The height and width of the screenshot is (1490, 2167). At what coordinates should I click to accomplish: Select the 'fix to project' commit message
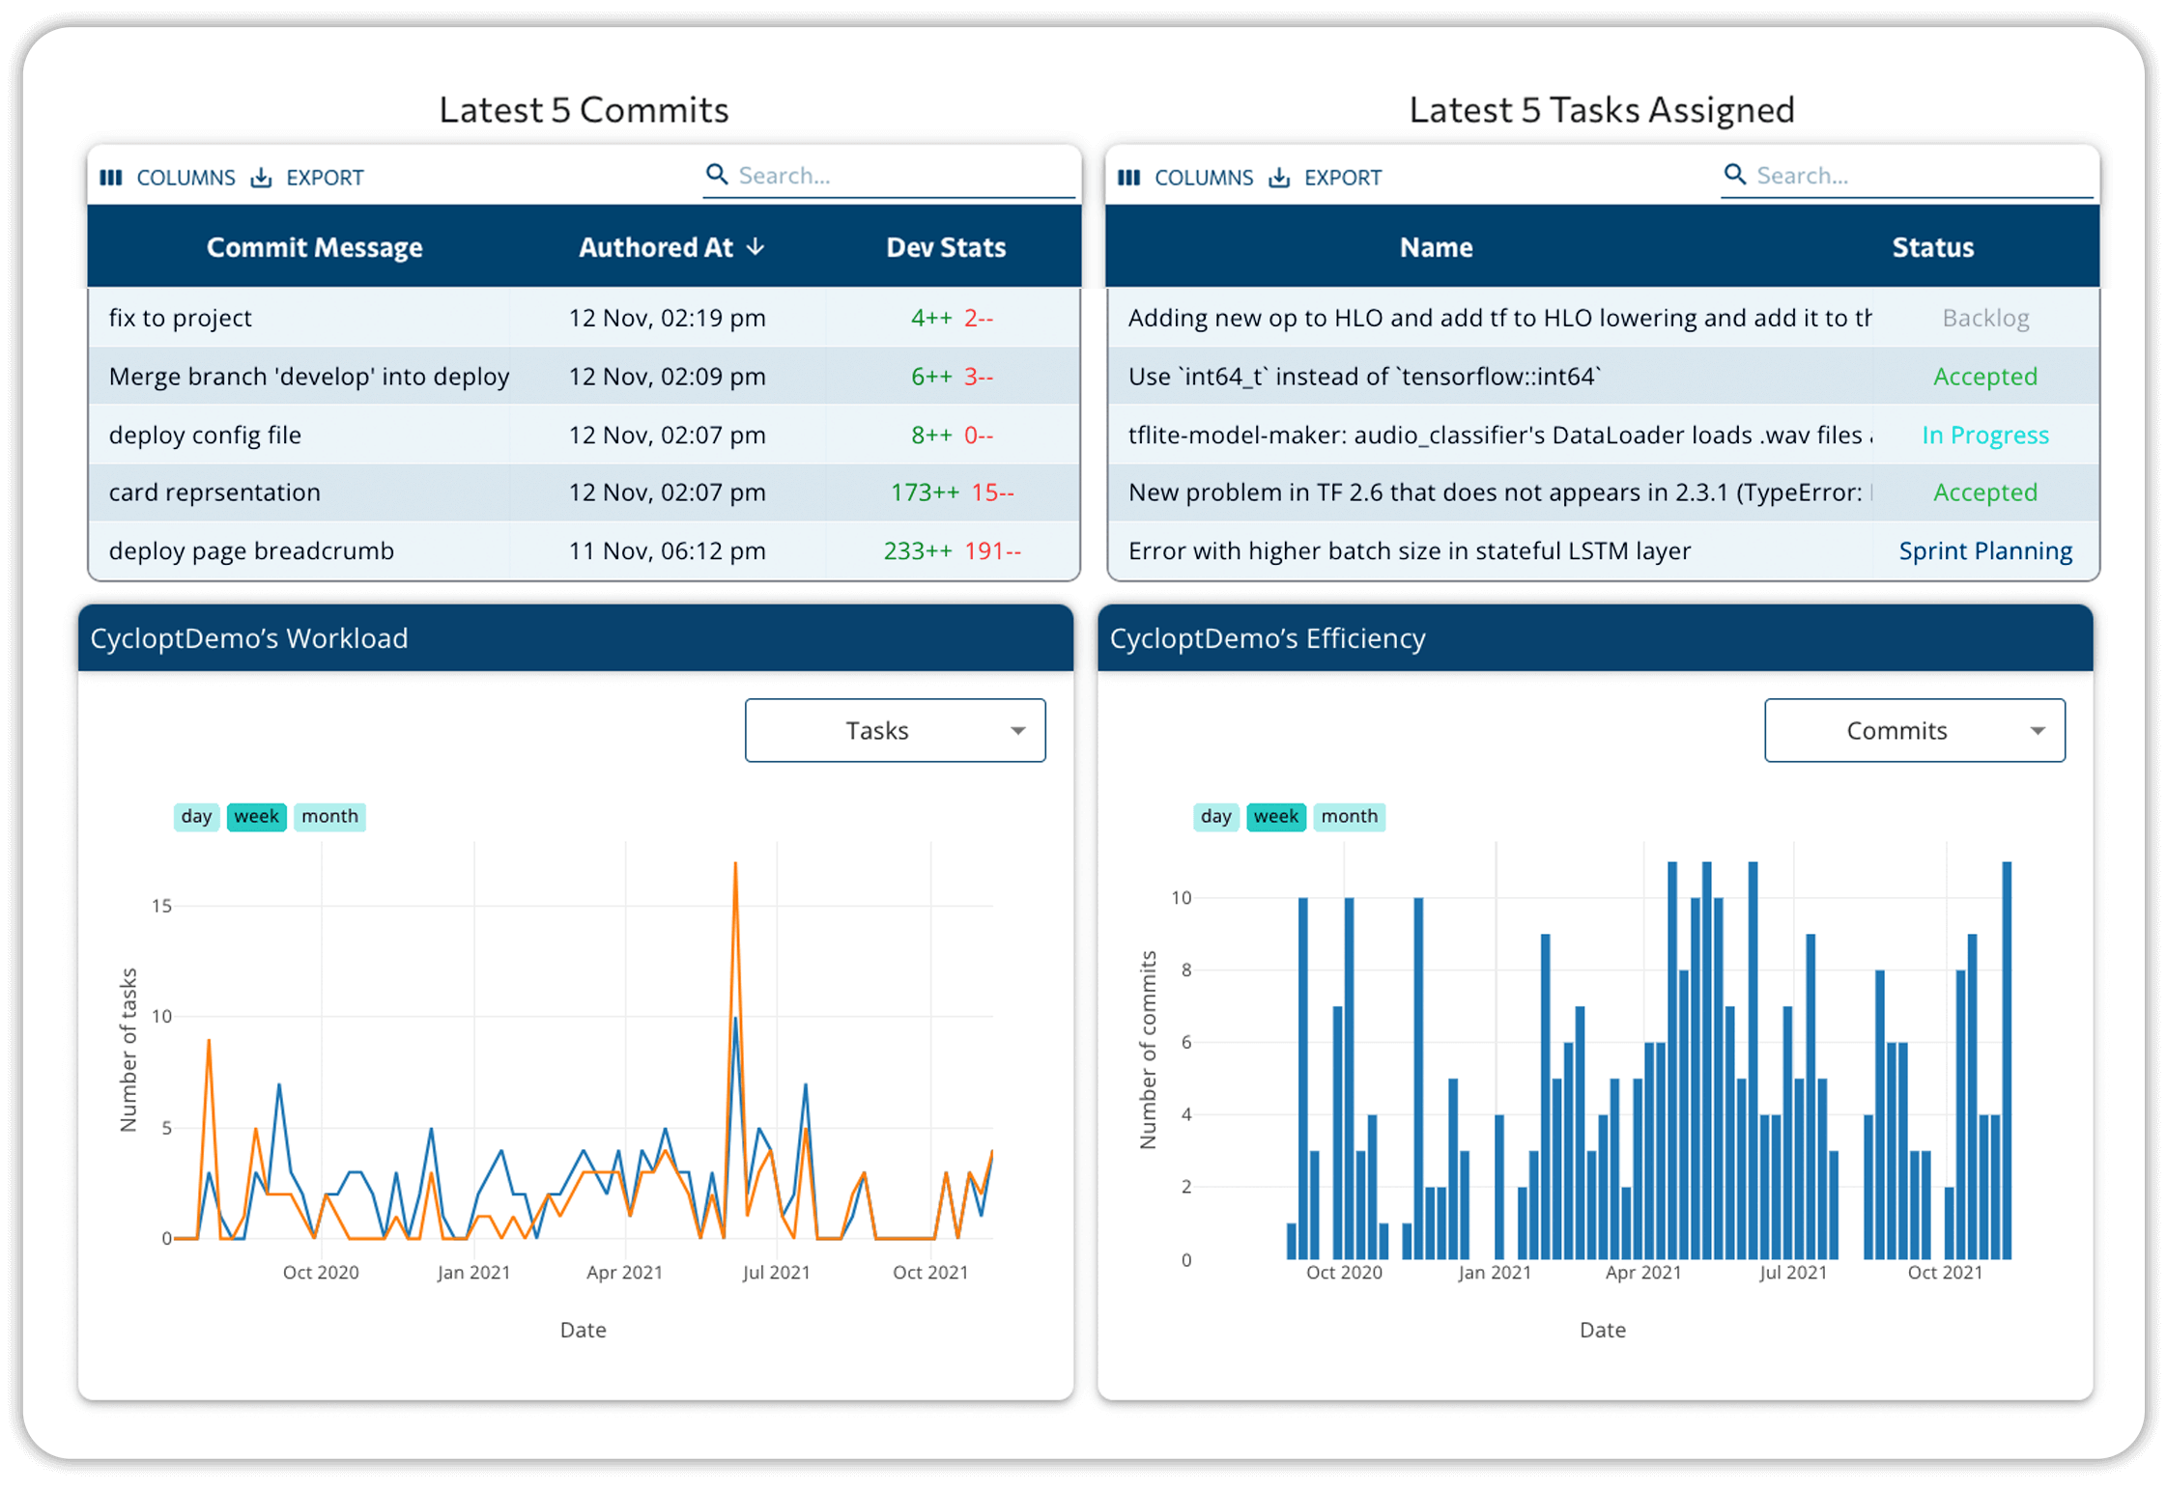[x=181, y=318]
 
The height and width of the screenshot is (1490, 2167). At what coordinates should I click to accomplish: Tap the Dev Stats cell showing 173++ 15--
[x=952, y=492]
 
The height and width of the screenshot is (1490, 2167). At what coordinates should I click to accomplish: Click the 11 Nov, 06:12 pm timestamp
[x=667, y=550]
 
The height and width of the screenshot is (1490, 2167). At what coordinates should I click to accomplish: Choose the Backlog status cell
[x=1984, y=318]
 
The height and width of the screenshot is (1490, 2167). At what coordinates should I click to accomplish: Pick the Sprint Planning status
[x=1984, y=550]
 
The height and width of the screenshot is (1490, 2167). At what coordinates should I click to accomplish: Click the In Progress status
[x=1984, y=435]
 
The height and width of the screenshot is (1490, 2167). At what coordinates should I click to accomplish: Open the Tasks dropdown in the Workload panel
[x=895, y=730]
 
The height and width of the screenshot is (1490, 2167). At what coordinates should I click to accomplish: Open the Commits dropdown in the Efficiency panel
[x=1914, y=730]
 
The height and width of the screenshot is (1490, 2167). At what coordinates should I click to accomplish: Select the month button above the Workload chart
[x=329, y=816]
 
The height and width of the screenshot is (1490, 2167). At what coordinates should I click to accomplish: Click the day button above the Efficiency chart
[x=1215, y=816]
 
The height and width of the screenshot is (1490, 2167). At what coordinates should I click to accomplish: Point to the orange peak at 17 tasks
[x=735, y=865]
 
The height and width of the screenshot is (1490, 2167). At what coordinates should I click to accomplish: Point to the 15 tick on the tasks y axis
[x=161, y=906]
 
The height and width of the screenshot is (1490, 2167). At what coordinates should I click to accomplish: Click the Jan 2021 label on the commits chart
[x=1494, y=1273]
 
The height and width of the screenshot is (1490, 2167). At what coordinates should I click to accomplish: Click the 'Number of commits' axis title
[x=1148, y=1050]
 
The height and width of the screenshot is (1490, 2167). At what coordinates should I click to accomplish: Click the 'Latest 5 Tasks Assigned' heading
[x=1601, y=110]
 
